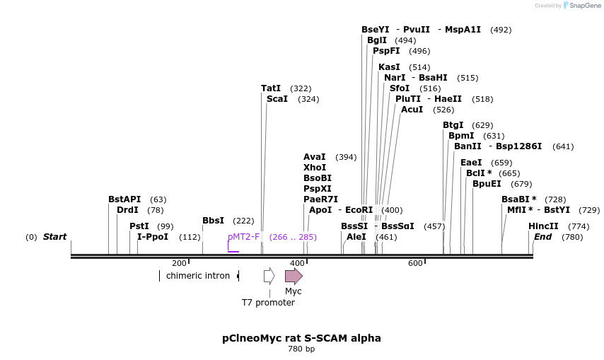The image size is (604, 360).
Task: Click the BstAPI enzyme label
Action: (124, 199)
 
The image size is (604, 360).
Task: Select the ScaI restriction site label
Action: (277, 99)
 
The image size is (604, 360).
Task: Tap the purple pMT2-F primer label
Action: (244, 237)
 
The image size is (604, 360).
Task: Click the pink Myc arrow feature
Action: (294, 276)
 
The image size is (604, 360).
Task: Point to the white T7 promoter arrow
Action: (269, 276)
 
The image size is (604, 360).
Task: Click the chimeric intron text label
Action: (198, 276)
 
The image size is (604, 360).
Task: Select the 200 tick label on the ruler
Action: (179, 264)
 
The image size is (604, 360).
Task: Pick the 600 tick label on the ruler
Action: (415, 264)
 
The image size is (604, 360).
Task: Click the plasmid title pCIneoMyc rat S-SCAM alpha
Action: (301, 338)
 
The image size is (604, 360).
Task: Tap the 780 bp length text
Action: (301, 349)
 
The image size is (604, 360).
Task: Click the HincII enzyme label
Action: (543, 226)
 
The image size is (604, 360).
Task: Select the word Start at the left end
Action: (54, 237)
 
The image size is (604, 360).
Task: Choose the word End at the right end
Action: (542, 237)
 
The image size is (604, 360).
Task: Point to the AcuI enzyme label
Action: (412, 110)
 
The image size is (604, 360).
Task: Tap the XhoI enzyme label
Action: (315, 168)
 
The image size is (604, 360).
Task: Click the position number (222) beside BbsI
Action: (243, 221)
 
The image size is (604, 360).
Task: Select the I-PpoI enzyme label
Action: (153, 237)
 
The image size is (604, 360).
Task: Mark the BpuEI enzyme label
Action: (487, 184)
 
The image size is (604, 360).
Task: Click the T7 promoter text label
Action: (268, 303)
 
